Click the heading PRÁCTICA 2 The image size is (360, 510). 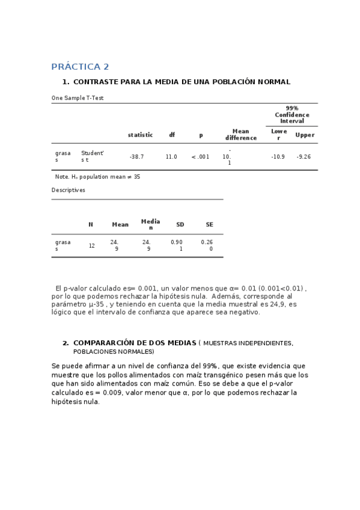tap(80, 67)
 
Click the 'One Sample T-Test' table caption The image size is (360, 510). tap(78, 97)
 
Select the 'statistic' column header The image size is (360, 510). tap(140, 135)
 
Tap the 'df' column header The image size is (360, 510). tap(172, 135)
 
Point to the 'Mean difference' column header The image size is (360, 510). tap(240, 135)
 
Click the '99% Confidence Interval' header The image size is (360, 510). tap(292, 114)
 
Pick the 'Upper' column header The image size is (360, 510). tap(305, 135)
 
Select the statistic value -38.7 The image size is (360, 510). tap(136, 156)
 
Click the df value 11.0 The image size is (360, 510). tap(171, 156)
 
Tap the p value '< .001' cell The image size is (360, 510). tap(200, 156)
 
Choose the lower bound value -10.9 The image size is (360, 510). tap(278, 156)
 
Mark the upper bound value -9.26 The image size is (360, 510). tap(304, 156)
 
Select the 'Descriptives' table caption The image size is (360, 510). tap(68, 190)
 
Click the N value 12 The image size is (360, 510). tap(91, 245)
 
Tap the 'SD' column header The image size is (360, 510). tap(180, 224)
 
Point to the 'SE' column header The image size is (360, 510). tap(209, 224)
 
